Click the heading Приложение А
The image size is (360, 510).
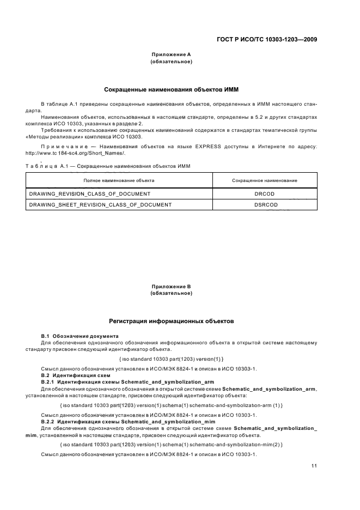click(x=170, y=55)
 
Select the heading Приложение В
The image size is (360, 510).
click(x=170, y=286)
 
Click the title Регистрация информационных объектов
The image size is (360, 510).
click(x=172, y=321)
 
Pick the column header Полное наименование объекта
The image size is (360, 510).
click(x=118, y=180)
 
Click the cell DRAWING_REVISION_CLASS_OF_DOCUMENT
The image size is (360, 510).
click(x=89, y=193)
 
